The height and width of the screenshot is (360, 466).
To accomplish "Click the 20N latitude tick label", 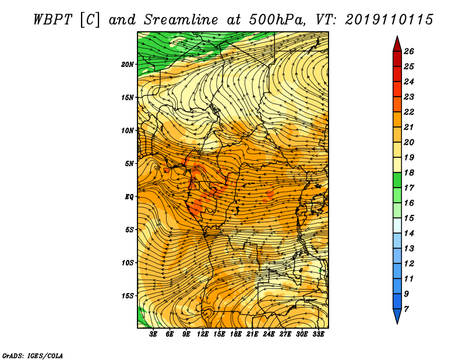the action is pyautogui.click(x=128, y=65).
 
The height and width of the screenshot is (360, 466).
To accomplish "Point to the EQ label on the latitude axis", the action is pyautogui.click(x=129, y=197).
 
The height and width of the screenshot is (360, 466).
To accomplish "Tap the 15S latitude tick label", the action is pyautogui.click(x=128, y=296).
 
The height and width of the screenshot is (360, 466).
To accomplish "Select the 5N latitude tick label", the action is pyautogui.click(x=129, y=164).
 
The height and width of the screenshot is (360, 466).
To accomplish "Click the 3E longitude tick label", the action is pyautogui.click(x=153, y=334).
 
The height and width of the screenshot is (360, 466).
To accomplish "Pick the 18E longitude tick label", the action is pyautogui.click(x=236, y=334).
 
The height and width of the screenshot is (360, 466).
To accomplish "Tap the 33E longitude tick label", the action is pyautogui.click(x=318, y=334).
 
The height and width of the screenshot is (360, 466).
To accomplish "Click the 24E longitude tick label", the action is pyautogui.click(x=269, y=334).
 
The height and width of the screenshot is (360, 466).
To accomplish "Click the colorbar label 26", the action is pyautogui.click(x=409, y=51).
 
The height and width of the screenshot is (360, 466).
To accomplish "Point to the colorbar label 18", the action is pyautogui.click(x=409, y=172).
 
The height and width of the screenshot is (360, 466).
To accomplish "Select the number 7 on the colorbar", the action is pyautogui.click(x=406, y=309).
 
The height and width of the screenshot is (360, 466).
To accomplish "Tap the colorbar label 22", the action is pyautogui.click(x=409, y=112).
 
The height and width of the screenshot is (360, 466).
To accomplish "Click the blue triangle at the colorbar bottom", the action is pyautogui.click(x=397, y=315).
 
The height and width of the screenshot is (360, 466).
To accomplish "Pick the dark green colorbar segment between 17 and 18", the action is pyautogui.click(x=397, y=180).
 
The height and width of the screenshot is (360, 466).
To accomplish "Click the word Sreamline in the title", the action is pyautogui.click(x=181, y=20).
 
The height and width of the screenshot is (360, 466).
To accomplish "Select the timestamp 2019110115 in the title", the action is pyautogui.click(x=389, y=20).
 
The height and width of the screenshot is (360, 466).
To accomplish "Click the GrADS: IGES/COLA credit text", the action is pyautogui.click(x=33, y=355).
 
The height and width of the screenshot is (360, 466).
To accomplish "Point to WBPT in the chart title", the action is pyautogui.click(x=52, y=20).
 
